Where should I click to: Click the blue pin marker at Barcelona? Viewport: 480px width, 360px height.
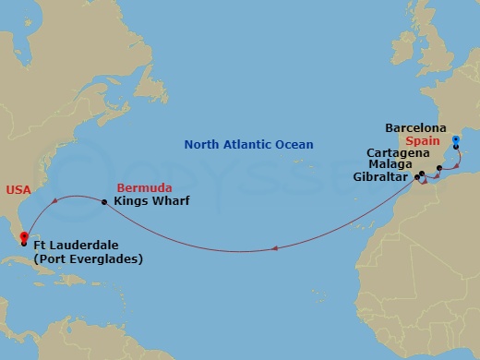coord(456,142)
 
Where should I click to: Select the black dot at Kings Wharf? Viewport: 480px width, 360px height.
coord(104,202)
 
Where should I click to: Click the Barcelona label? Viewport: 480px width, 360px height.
coord(416,128)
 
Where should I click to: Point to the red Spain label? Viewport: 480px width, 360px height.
coord(424,141)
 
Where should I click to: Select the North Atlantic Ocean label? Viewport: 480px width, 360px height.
coord(248,144)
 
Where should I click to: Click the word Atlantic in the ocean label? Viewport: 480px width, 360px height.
coord(247,144)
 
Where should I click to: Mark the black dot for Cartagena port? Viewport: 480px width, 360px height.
coord(438,168)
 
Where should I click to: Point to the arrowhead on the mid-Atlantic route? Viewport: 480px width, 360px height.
coord(275,246)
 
